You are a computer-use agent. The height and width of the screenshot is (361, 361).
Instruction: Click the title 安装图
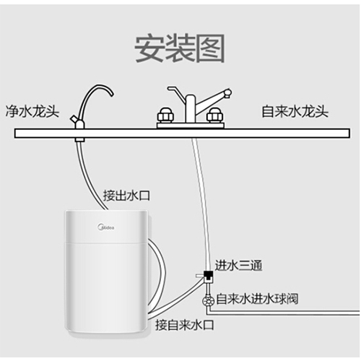coord(180,48)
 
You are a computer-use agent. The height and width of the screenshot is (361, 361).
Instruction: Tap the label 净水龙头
coord(32,111)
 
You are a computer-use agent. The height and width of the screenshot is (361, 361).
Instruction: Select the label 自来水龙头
coord(295,111)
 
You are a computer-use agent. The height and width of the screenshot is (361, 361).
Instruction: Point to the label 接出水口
coord(126,195)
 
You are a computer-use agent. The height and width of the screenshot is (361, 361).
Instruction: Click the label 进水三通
coord(238,266)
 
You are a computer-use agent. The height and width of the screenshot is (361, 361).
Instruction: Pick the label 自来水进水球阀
coord(257,299)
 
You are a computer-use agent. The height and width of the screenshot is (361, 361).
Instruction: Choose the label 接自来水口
coord(185,325)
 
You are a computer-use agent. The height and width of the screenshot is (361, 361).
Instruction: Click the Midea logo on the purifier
coord(106,227)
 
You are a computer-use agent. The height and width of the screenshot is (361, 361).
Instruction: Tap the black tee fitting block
coord(209,274)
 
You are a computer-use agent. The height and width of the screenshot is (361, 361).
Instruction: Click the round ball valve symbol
coord(208,301)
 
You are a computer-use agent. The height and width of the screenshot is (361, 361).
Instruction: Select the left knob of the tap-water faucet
coord(165,116)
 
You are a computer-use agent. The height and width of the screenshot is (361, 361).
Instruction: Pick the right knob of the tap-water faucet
coord(214,116)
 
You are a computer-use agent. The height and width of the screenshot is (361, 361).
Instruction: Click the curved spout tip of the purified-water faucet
coord(111,95)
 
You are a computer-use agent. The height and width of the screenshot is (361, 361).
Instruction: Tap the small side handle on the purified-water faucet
coord(74,119)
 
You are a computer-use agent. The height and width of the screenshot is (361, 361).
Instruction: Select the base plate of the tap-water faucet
coord(191,126)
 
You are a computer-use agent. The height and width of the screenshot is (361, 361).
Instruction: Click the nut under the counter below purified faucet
coord(79,139)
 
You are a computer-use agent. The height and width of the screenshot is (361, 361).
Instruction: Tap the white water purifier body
coord(107,271)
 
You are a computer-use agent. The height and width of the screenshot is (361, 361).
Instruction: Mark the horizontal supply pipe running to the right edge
coord(284,313)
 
